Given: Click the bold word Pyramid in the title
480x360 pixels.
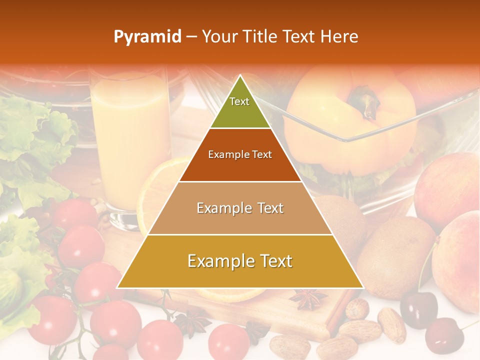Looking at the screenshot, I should [147, 37].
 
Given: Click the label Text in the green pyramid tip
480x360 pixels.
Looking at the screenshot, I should [239, 101].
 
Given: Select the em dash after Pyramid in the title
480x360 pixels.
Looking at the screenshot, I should [191, 37].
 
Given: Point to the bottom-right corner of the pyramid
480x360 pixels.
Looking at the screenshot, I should [363, 288].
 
